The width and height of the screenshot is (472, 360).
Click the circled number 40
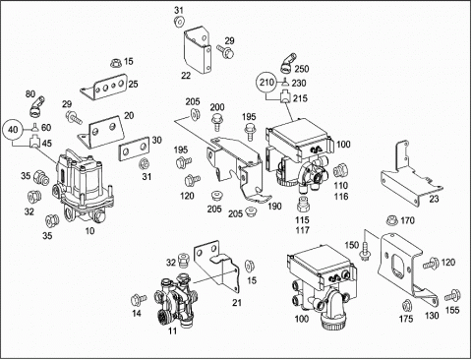coord(13,130)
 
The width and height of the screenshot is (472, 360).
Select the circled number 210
coord(266,83)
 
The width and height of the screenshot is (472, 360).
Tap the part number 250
coord(302,69)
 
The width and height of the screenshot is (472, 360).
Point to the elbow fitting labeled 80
coord(36,106)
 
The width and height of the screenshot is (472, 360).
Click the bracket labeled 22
coord(198,51)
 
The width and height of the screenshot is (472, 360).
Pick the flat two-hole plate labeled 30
coord(135,150)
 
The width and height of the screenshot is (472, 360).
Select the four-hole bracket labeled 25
coord(104,87)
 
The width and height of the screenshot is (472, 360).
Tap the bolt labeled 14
coord(138,299)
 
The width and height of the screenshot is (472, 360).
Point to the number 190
coord(274,206)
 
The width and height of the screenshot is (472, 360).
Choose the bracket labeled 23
coord(411,174)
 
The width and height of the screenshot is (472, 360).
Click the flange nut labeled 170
coord(392,220)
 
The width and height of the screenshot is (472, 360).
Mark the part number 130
coord(432,316)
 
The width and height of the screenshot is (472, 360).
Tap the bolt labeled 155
coord(453,295)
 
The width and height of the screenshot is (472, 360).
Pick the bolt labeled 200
coord(216,120)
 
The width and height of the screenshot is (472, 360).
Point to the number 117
coord(302,230)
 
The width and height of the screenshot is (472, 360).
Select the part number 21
coord(237,303)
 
